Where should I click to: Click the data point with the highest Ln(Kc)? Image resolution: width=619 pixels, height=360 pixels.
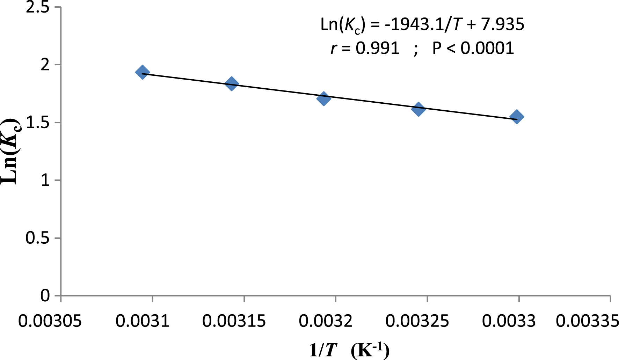(x=143, y=72)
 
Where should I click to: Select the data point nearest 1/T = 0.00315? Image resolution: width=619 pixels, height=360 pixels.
(x=232, y=83)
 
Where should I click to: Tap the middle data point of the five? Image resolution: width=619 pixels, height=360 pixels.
(x=324, y=98)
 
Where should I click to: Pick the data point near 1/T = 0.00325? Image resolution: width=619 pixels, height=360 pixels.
(x=418, y=109)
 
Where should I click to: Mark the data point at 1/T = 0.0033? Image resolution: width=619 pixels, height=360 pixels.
(x=517, y=117)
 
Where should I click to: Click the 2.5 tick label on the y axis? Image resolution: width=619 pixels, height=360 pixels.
(x=38, y=8)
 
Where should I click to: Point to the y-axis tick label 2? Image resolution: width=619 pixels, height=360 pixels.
(x=45, y=65)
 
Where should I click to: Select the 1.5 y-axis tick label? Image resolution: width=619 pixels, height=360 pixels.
(x=38, y=123)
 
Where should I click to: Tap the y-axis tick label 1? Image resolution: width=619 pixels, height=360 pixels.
(x=45, y=181)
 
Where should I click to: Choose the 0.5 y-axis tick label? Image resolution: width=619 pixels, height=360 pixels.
(x=38, y=238)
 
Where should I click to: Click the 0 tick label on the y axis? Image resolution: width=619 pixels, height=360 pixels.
(x=45, y=296)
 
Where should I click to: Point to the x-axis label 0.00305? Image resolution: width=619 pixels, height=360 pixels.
(x=50, y=321)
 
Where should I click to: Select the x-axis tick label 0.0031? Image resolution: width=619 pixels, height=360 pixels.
(x=143, y=321)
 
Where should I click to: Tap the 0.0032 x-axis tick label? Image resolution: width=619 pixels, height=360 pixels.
(x=326, y=321)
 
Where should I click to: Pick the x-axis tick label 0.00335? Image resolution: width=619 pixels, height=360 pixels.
(x=587, y=321)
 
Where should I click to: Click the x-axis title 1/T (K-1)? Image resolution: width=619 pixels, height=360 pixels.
(x=349, y=350)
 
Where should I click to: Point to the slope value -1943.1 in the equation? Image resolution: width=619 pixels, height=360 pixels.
(x=414, y=24)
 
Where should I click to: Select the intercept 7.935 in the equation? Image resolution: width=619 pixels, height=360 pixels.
(x=503, y=24)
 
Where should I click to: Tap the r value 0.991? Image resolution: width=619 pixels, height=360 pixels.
(x=377, y=48)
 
